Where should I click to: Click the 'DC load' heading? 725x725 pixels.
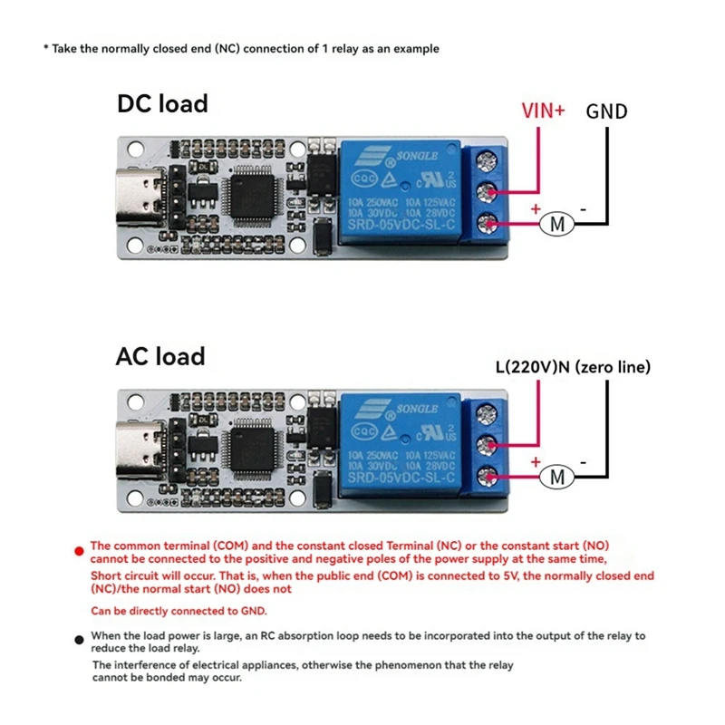coord(162,104)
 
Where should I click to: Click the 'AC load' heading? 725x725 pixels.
coord(160,356)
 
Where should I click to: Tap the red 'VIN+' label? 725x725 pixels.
coord(543,111)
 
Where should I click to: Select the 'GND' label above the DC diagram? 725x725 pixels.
coord(606,111)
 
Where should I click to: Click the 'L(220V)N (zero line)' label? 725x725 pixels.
coord(573,367)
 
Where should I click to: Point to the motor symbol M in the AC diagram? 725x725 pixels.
coord(558,476)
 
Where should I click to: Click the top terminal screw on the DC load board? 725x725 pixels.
coord(488,161)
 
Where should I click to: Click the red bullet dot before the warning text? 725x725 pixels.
coord(82,548)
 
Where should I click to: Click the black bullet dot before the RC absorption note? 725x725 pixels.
coord(82,637)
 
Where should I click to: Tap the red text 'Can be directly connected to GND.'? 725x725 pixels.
coord(179,611)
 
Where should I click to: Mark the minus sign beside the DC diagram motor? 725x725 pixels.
coord(584,208)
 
